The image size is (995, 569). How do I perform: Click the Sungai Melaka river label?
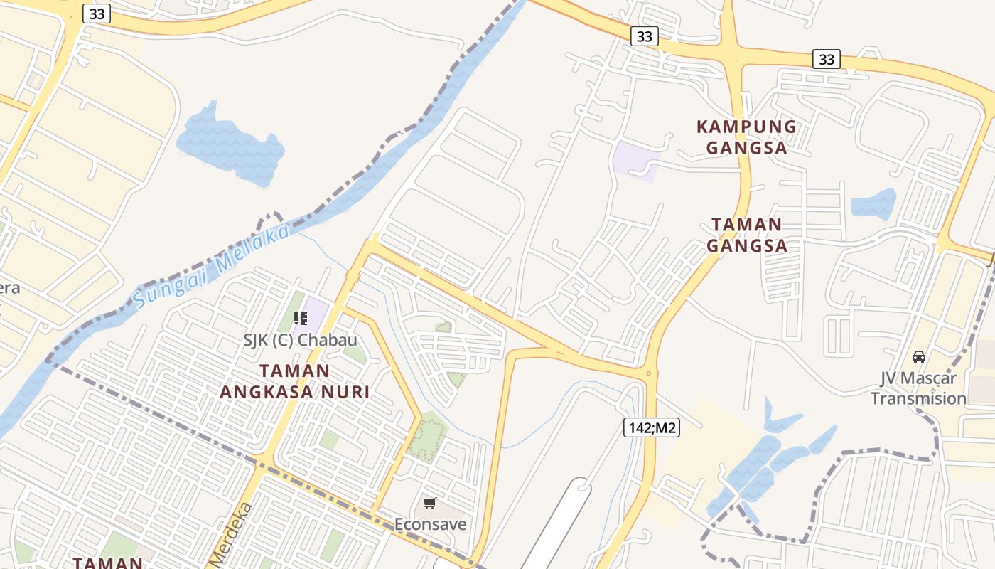[x=212, y=266]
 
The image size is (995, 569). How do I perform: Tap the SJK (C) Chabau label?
[x=300, y=340]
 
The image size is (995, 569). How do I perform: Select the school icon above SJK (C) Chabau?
[x=300, y=319]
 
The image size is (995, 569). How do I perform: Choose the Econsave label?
[x=431, y=525]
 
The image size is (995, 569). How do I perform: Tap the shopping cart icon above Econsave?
[x=429, y=504]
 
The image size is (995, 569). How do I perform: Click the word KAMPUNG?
[x=747, y=127]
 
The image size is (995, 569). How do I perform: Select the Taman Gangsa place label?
[x=747, y=235]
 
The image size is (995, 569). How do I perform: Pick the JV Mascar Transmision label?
[x=918, y=388]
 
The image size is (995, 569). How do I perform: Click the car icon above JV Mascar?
[x=918, y=356]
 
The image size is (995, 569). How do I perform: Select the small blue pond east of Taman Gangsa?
[x=873, y=204]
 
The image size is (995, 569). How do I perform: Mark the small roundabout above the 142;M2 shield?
[x=648, y=373]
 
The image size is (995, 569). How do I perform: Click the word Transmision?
[x=918, y=398]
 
